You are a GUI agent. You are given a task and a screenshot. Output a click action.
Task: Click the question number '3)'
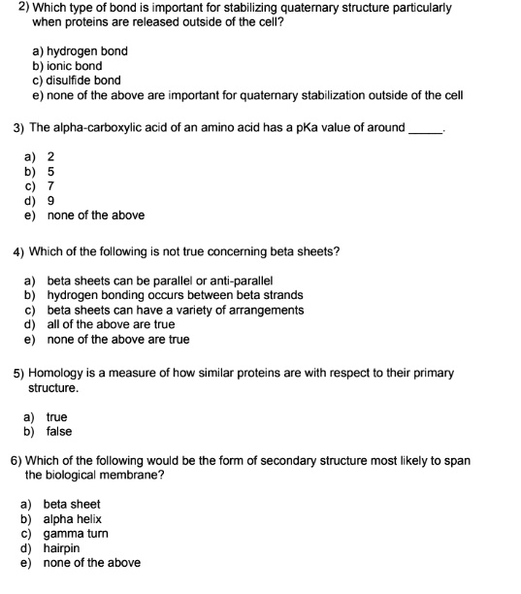[x=18, y=128]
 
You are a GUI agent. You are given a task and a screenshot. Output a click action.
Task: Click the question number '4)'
[x=18, y=252]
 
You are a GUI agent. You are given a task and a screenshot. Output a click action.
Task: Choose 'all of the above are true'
[x=111, y=324]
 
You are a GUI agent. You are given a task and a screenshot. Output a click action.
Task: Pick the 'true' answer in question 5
[x=56, y=417]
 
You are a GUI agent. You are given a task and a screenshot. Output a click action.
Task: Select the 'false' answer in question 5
[x=59, y=432]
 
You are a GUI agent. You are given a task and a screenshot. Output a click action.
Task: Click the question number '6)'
[x=16, y=461]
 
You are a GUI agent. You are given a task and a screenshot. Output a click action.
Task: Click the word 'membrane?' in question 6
[x=134, y=476]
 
